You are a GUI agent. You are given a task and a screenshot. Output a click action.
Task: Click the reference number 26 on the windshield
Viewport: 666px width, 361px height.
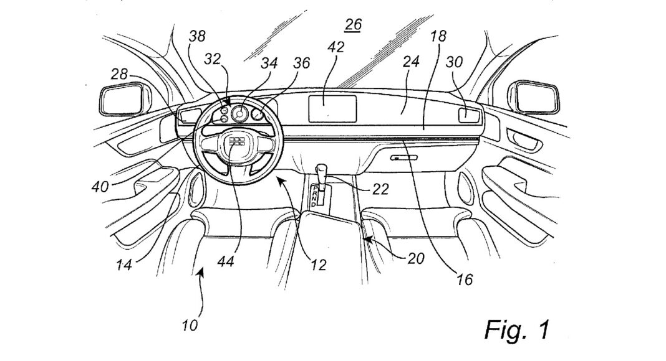[352, 26]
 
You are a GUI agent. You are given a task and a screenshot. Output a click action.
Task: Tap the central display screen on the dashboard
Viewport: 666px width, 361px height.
[333, 110]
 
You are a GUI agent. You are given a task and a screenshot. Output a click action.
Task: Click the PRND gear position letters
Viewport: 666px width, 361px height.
[316, 197]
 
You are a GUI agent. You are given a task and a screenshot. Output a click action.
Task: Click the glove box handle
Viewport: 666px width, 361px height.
[403, 158]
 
